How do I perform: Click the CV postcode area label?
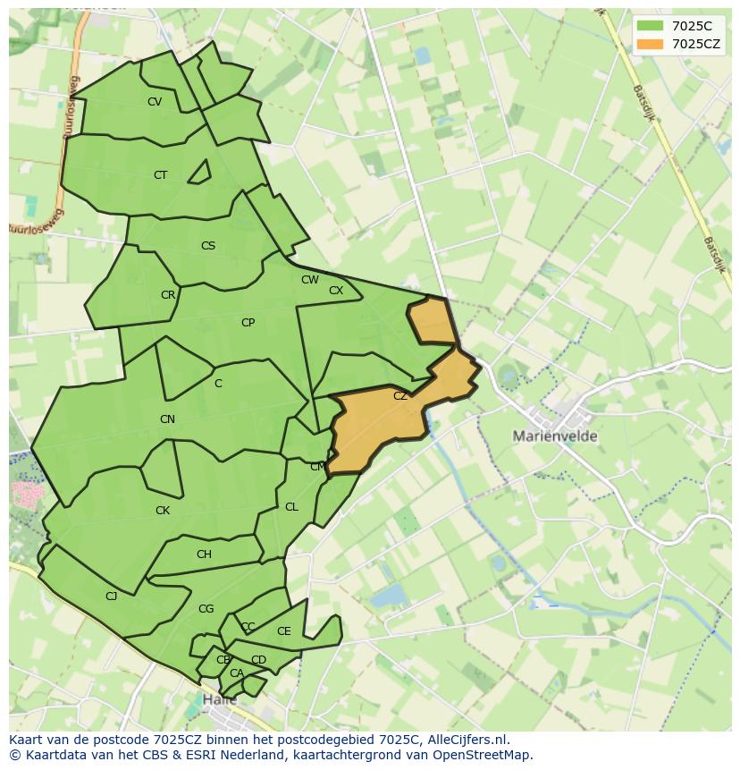click(x=155, y=102)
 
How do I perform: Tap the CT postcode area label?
click(x=160, y=175)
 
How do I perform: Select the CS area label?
click(x=208, y=246)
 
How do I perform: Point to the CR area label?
click(x=168, y=295)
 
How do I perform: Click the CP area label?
click(x=248, y=323)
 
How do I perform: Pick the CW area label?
click(x=310, y=280)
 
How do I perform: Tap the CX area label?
click(x=336, y=291)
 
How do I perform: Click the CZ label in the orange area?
click(x=400, y=396)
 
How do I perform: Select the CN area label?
click(x=167, y=419)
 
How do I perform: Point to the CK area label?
click(x=163, y=511)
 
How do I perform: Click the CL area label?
click(x=291, y=507)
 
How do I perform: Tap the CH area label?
click(x=204, y=554)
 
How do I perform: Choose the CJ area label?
click(x=112, y=596)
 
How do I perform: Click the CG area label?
click(x=206, y=609)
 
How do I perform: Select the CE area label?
click(x=284, y=631)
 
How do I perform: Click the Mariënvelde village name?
click(x=555, y=436)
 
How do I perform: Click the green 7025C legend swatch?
click(x=650, y=26)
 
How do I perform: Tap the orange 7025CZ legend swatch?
click(x=650, y=44)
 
